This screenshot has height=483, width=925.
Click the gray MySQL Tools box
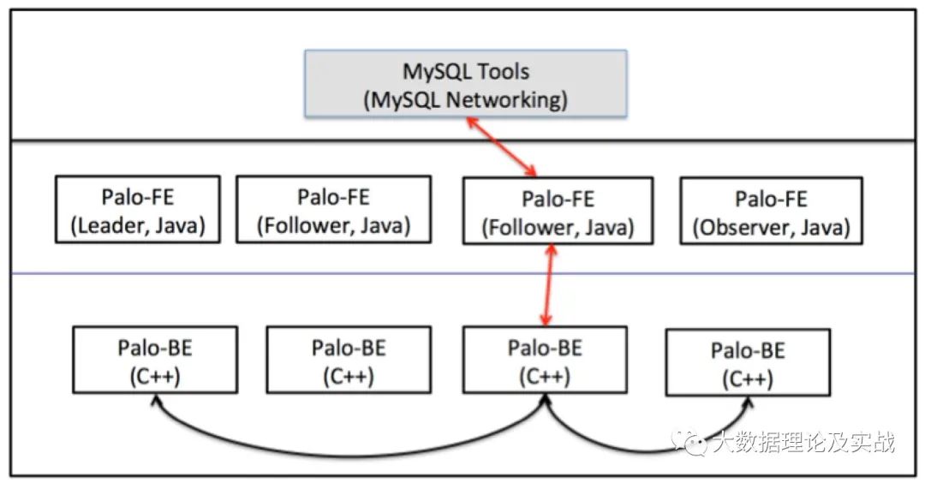(465, 84)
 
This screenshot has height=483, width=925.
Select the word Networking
(506, 99)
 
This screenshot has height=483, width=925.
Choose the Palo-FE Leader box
(137, 209)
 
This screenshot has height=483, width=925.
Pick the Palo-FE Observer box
(771, 212)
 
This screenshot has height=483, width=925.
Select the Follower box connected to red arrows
(558, 211)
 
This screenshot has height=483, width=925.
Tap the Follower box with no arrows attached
(333, 209)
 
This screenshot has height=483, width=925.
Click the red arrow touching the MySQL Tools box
(501, 146)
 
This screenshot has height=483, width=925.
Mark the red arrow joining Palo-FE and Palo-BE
(549, 285)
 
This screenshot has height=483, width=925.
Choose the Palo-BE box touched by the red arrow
(545, 360)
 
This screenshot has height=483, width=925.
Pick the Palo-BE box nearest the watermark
(748, 363)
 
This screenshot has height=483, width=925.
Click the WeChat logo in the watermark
(691, 442)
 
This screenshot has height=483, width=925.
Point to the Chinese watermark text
(803, 441)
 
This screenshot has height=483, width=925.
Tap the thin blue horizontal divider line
(463, 274)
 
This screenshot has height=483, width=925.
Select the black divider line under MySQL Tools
(463, 141)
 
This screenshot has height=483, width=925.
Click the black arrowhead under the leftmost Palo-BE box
(156, 401)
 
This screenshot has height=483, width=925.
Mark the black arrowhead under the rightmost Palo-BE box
(749, 402)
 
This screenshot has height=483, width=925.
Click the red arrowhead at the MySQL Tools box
(471, 122)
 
